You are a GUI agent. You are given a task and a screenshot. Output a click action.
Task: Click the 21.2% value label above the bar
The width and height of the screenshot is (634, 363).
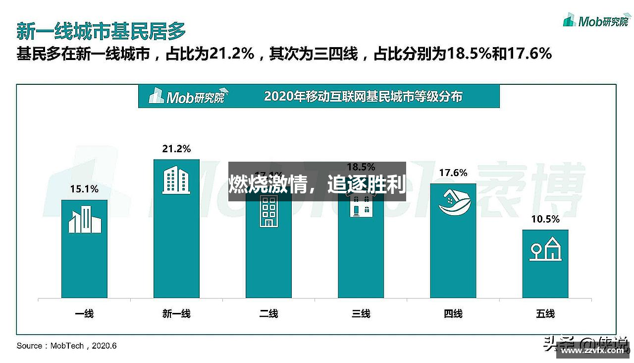tap(176, 149)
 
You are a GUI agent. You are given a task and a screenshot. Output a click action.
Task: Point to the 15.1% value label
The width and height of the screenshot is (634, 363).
tap(84, 189)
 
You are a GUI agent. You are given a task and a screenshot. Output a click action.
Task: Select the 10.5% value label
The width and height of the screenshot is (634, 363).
tap(545, 219)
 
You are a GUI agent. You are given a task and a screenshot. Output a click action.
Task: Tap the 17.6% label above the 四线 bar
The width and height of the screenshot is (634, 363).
tap(453, 173)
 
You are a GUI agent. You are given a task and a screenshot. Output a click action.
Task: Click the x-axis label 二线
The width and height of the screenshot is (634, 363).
tap(268, 313)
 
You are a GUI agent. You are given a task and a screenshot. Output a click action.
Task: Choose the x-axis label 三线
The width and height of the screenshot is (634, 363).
tap(361, 313)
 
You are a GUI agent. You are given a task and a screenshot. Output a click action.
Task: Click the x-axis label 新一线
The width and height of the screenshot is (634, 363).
tap(176, 313)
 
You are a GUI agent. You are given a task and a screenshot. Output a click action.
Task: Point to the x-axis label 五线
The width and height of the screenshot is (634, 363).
tap(545, 313)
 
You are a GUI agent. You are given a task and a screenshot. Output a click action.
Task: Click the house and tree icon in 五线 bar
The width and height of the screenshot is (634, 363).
tap(545, 249)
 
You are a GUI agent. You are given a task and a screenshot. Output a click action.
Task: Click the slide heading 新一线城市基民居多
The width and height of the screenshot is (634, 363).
tap(101, 31)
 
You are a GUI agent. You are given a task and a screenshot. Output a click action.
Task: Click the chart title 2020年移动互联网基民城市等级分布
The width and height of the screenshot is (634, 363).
tap(363, 96)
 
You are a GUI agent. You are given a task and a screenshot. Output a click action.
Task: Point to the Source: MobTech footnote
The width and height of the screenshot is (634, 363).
tap(67, 346)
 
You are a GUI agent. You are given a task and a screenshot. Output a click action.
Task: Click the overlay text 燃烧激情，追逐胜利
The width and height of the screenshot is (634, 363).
tap(317, 184)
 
